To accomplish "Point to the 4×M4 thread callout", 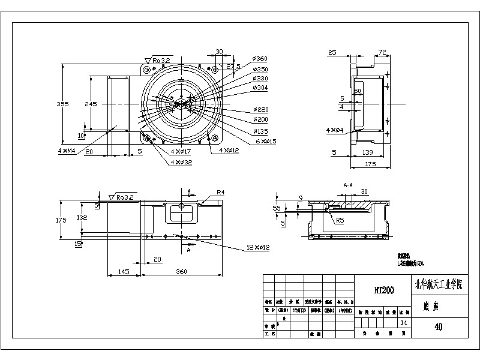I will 67,151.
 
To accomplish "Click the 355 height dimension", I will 62,104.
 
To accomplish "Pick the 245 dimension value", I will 90,104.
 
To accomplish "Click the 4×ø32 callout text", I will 181,162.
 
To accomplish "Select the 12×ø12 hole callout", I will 259,247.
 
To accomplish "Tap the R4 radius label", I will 220,193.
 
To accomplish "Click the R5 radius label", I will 340,221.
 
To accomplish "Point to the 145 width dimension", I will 124,271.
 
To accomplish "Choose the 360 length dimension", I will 181,271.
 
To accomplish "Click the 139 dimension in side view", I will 368,153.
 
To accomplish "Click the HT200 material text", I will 384,290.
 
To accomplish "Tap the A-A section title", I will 348,185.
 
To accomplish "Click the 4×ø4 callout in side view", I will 335,130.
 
